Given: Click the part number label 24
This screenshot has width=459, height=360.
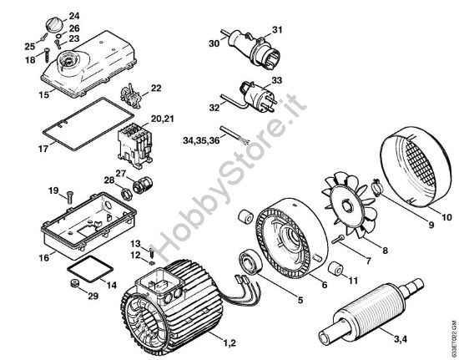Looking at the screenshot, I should (x=74, y=16).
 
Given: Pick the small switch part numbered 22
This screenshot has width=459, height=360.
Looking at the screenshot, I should (x=131, y=90).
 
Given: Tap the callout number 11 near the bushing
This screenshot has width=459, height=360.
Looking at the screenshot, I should (x=355, y=281).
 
